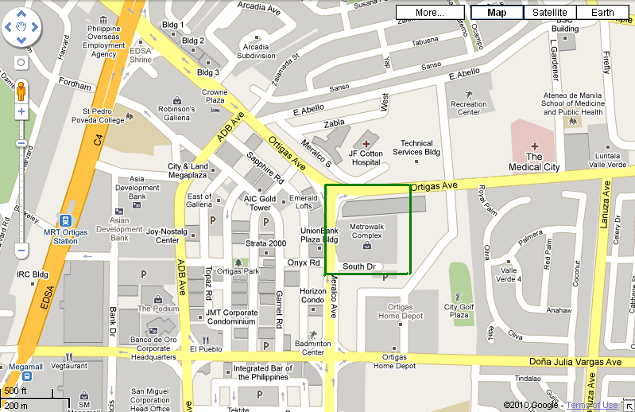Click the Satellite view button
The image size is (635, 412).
(x=550, y=12)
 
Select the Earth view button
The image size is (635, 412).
(x=602, y=12)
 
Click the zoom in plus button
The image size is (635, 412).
(x=21, y=112)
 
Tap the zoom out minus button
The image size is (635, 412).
(x=21, y=251)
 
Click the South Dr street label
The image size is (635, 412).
(x=358, y=266)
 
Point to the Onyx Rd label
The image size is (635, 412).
(x=303, y=262)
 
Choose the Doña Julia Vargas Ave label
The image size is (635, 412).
(x=575, y=362)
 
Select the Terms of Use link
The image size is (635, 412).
(x=591, y=406)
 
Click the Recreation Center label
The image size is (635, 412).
(x=468, y=108)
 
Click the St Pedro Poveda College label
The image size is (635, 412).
(x=103, y=116)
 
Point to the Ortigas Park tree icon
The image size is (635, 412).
(x=237, y=262)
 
